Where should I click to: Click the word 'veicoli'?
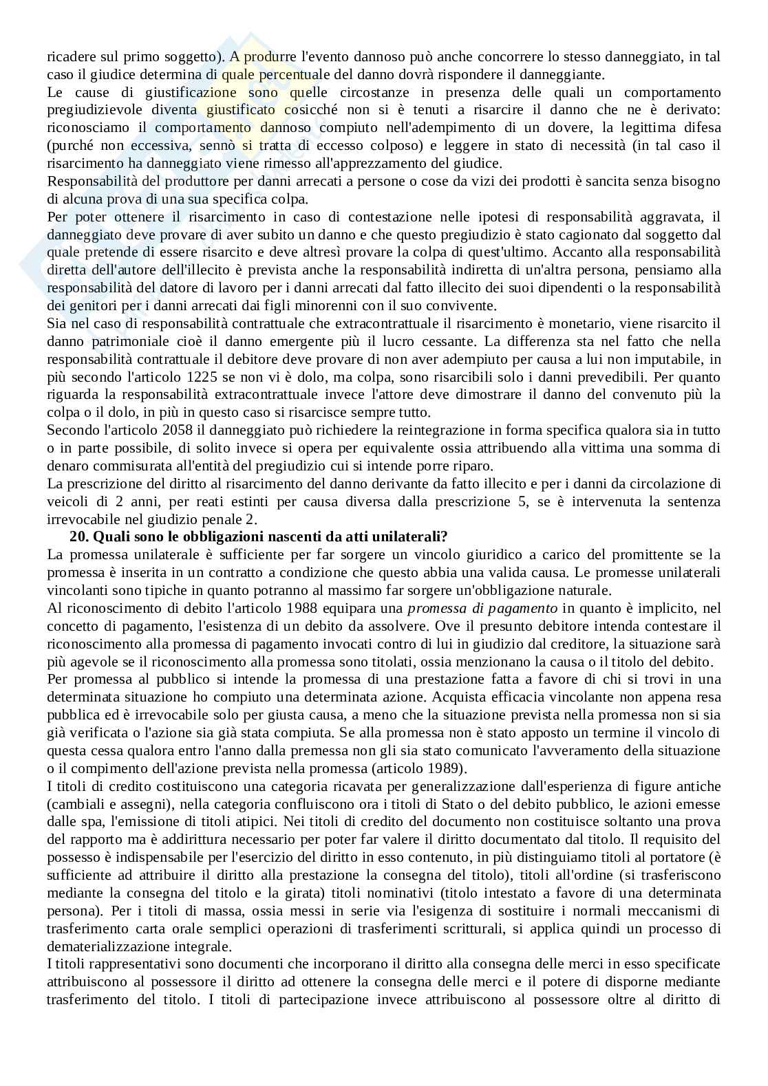coord(65,501)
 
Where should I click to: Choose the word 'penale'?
coord(216,519)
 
